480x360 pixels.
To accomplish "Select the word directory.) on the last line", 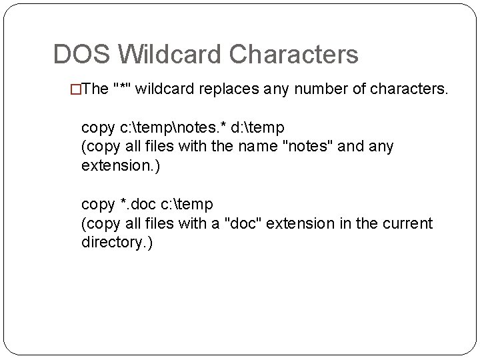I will pos(117,242).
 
